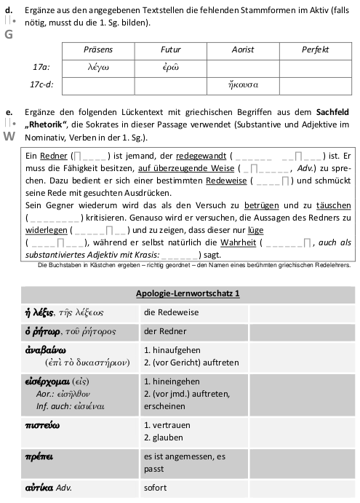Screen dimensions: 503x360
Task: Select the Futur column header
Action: [x=170, y=49]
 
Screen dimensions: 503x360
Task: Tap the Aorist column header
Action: [x=242, y=49]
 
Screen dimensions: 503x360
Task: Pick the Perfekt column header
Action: [x=314, y=49]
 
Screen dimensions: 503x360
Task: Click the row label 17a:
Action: [x=41, y=67]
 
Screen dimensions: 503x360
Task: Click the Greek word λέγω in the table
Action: [x=98, y=67]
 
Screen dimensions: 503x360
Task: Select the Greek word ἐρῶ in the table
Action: [x=170, y=67]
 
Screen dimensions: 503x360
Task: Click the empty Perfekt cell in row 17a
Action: [x=314, y=67]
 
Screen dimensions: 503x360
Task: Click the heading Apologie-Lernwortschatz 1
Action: [x=188, y=293]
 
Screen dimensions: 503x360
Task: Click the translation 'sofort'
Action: [x=156, y=487]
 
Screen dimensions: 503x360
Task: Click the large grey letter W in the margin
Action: [x=9, y=136]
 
